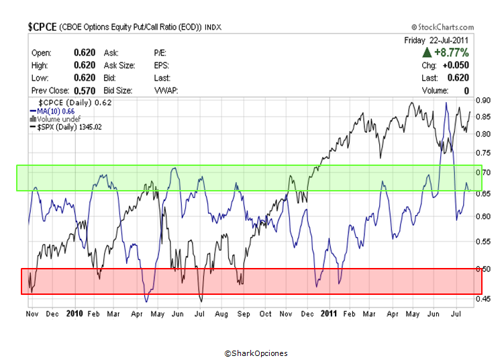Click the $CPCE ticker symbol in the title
[x=42, y=27]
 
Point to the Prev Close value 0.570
[x=85, y=90]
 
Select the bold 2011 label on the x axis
[x=328, y=314]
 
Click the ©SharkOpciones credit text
[x=256, y=353]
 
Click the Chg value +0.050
[x=456, y=65]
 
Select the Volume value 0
[x=465, y=90]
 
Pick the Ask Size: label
[x=119, y=65]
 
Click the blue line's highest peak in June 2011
[x=446, y=103]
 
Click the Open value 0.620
[x=85, y=52]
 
